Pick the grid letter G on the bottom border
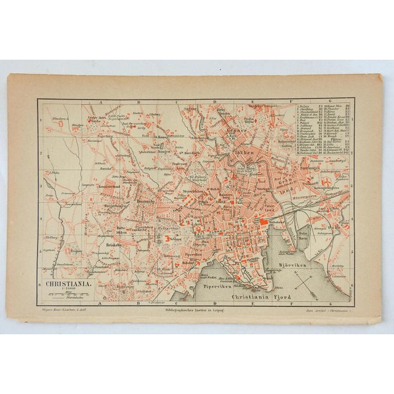pos(315,302)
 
